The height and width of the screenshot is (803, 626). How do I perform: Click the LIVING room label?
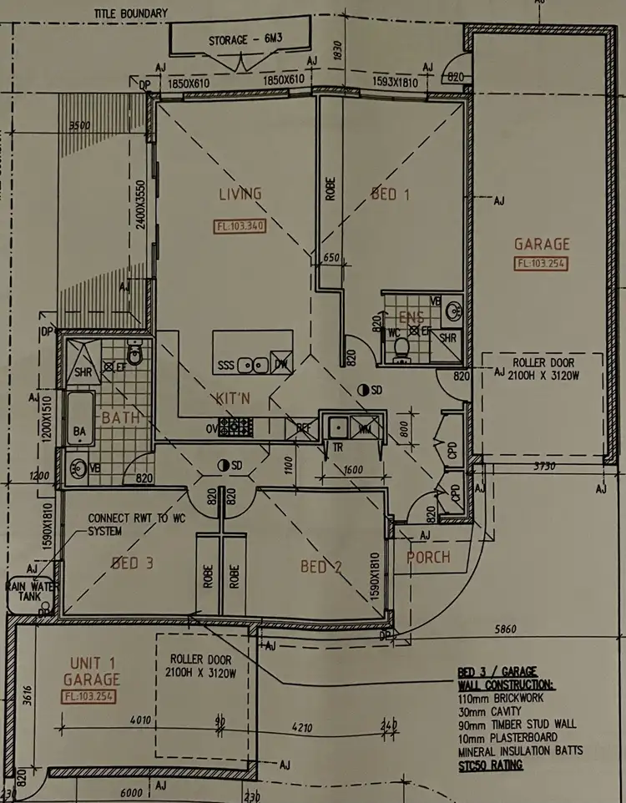tap(240, 194)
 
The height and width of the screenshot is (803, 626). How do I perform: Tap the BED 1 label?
tap(391, 194)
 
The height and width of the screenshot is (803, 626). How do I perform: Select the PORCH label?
tap(428, 557)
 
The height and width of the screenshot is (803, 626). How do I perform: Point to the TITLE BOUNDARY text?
tap(131, 13)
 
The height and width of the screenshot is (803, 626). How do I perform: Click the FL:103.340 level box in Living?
tap(240, 225)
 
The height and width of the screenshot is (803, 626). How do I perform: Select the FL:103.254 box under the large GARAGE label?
tap(542, 264)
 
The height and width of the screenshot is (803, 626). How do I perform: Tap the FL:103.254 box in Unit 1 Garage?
tap(88, 696)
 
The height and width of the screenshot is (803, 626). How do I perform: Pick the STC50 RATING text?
tap(490, 765)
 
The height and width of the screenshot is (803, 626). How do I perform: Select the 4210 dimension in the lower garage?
tap(301, 728)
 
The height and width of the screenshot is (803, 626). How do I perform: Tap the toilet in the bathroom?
tap(135, 354)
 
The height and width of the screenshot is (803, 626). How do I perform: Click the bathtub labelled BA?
tap(79, 421)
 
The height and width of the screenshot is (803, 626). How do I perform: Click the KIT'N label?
tap(233, 399)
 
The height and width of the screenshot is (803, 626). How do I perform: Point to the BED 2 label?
tap(321, 567)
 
